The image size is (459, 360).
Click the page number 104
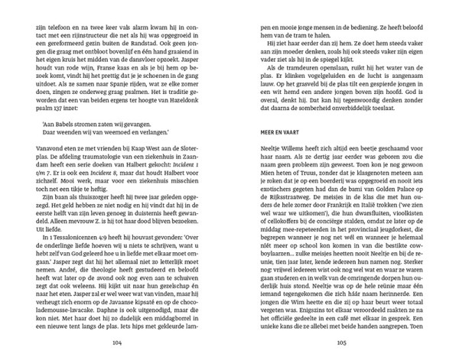pyautogui.click(x=117, y=343)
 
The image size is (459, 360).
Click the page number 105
pyautogui.click(x=341, y=343)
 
